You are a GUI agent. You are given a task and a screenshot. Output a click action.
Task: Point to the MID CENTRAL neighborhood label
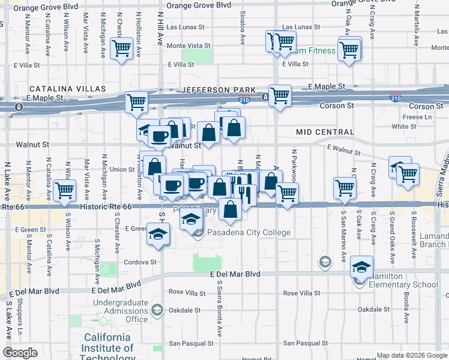[325, 131]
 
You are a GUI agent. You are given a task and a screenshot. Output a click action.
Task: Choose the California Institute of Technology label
[108, 347]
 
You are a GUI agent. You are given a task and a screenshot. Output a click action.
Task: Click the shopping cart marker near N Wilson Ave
[64, 191]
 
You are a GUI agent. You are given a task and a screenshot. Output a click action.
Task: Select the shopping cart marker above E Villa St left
[122, 48]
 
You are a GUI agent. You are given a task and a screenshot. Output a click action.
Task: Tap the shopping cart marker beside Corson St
[280, 95]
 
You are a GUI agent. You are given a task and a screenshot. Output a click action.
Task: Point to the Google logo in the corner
[20, 353]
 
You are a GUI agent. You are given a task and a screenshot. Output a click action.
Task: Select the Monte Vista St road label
[188, 46]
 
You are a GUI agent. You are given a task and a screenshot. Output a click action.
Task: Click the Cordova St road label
[140, 262]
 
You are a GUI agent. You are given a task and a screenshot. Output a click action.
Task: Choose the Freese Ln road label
[413, 117]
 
